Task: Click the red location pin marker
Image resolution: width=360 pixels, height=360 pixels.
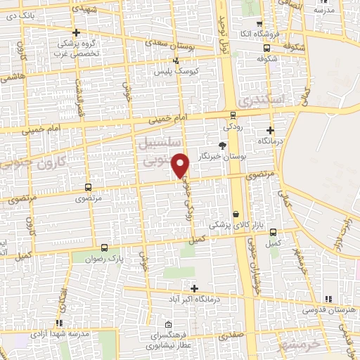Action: [181, 165]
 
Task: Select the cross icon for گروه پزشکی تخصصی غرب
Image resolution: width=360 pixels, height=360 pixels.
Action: [76, 33]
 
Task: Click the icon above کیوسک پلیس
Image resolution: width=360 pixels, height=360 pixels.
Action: [176, 60]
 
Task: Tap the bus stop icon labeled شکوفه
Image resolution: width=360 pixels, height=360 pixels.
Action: [266, 49]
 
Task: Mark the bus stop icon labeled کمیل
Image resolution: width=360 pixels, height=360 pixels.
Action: [273, 233]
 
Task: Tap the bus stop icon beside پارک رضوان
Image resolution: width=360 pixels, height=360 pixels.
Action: [104, 247]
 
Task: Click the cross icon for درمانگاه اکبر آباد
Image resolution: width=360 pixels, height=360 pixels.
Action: [195, 288]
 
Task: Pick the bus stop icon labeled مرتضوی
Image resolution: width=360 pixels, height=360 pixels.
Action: [88, 188]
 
